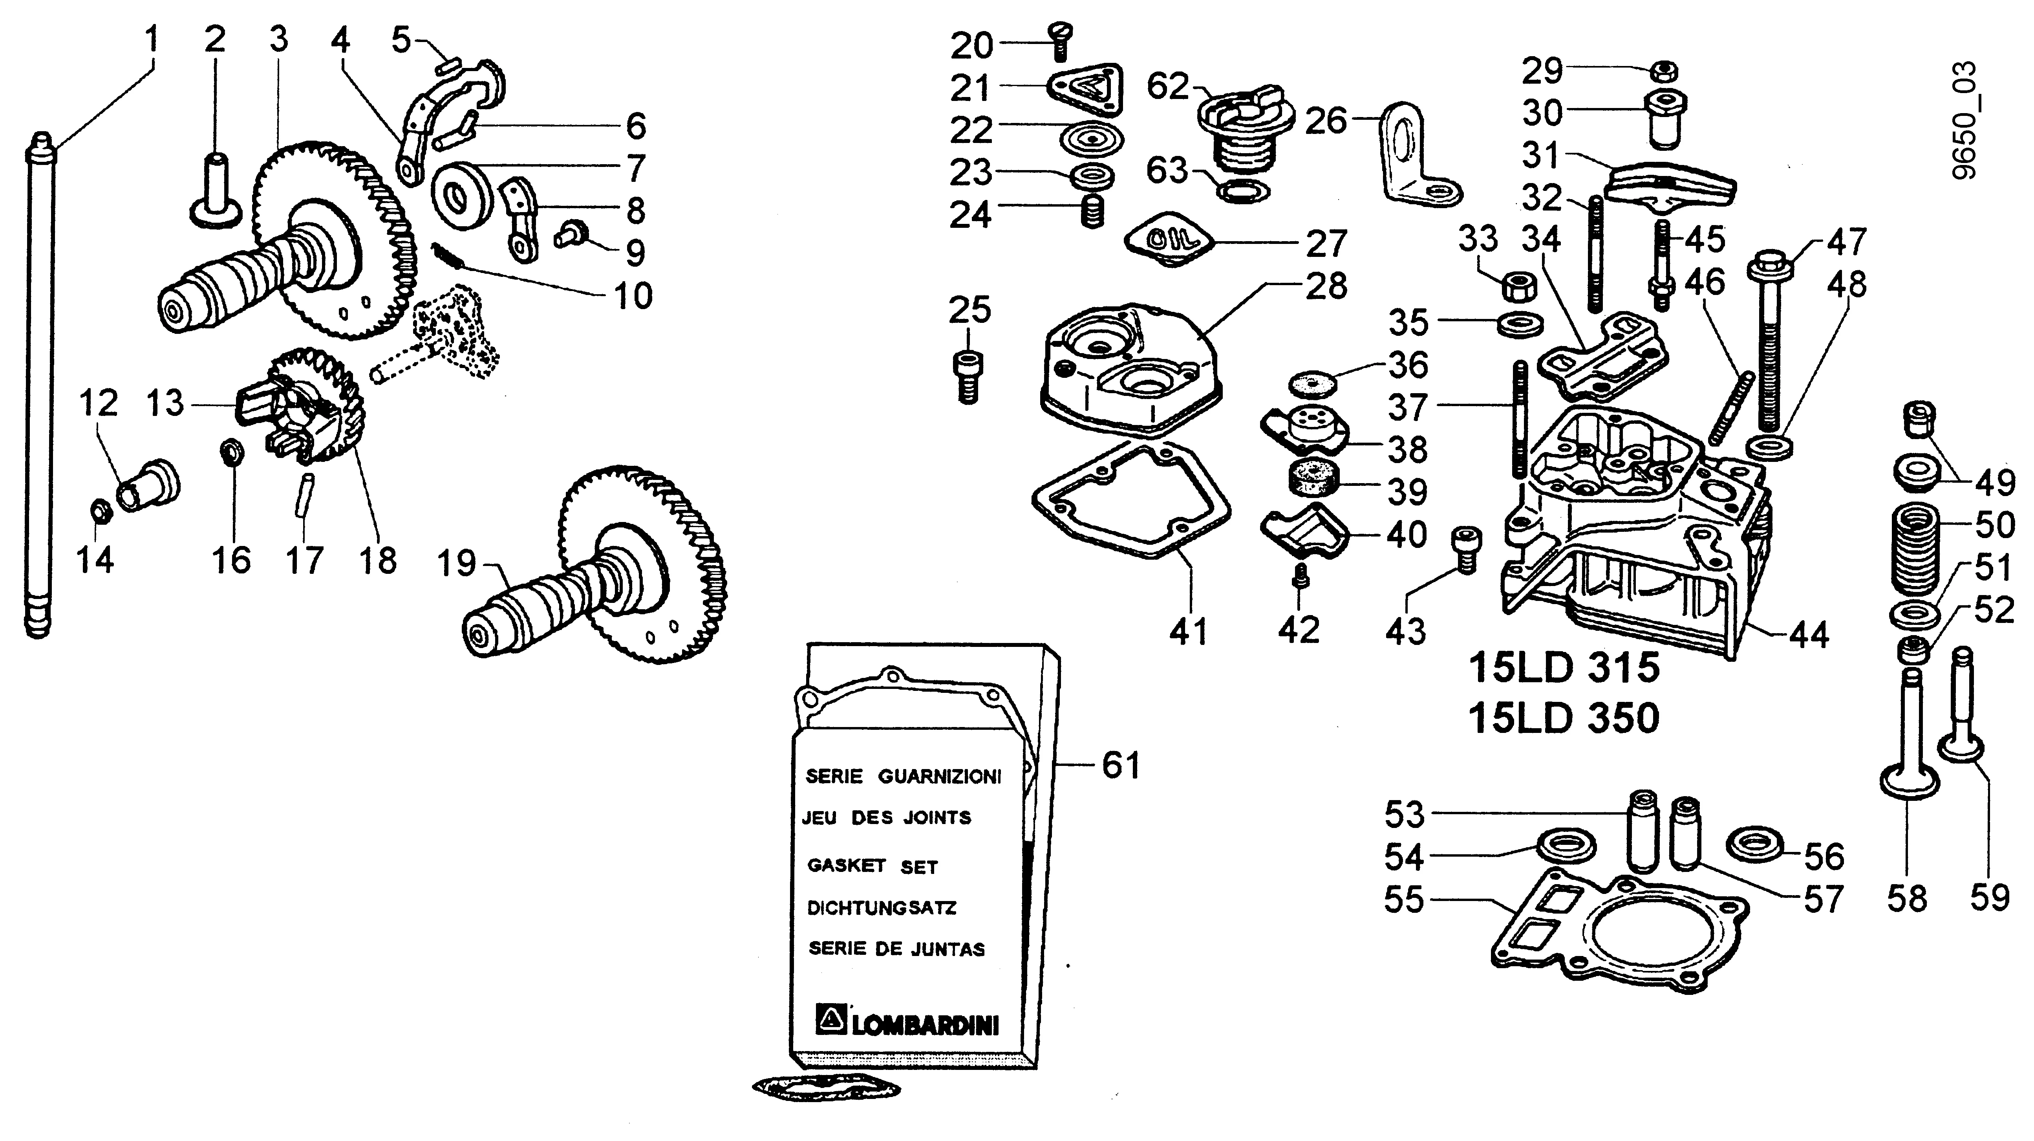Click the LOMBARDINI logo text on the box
click(x=924, y=1025)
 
